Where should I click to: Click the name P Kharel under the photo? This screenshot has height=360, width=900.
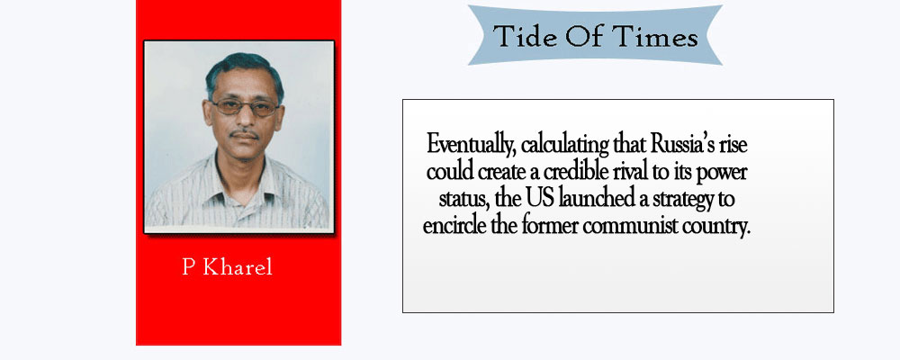click(228, 267)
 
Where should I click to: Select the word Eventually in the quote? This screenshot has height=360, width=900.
click(471, 144)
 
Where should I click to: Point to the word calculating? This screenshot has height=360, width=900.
click(565, 144)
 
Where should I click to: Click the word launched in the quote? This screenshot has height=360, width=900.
click(593, 199)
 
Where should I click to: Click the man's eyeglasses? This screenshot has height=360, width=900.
click(244, 107)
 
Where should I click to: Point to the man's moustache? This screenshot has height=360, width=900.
click(244, 134)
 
